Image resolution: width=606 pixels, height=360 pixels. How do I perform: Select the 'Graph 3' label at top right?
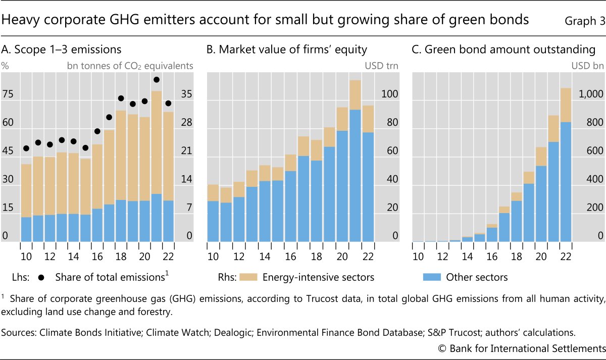(583, 21)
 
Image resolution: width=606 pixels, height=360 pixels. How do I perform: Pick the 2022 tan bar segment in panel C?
(565, 105)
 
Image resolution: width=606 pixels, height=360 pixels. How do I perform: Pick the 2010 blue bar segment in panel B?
(213, 221)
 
